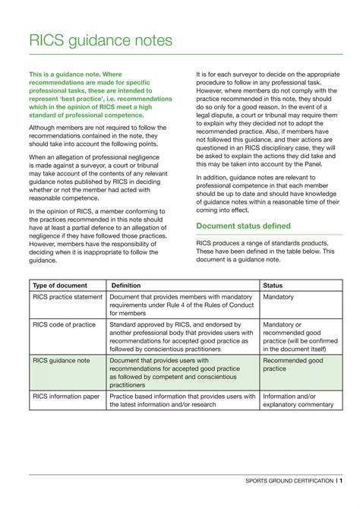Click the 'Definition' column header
[x=126, y=285]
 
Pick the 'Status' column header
[x=273, y=285]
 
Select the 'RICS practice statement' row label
[x=66, y=297]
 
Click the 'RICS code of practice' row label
[x=64, y=324]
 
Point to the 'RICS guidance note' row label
[x=61, y=360]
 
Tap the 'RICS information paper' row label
[x=66, y=396]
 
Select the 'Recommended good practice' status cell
[x=292, y=365]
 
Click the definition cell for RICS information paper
[x=182, y=400]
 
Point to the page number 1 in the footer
[x=339, y=481]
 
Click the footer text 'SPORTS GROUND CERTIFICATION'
[x=289, y=481]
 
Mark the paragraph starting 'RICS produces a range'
[x=265, y=251]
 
